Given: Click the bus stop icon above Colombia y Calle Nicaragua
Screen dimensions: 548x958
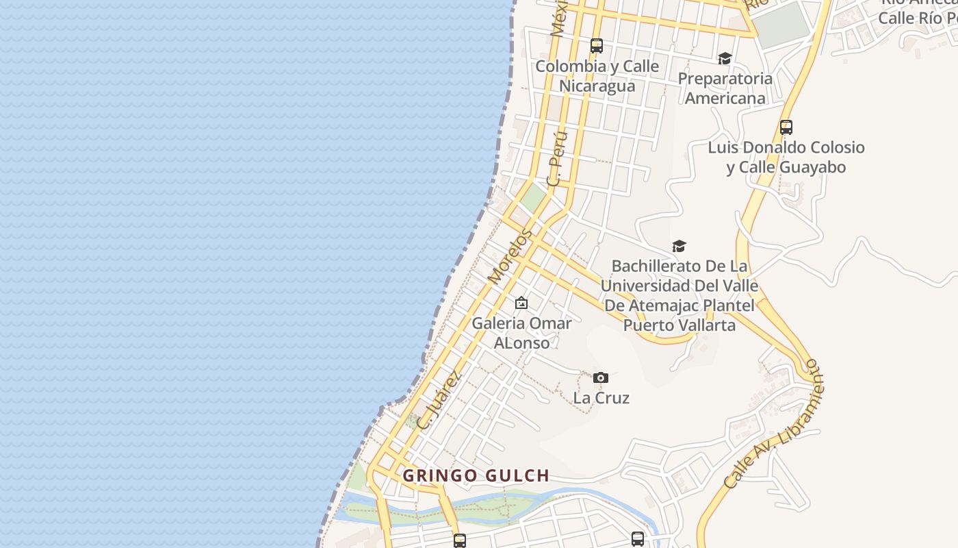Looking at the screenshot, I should coord(597,46).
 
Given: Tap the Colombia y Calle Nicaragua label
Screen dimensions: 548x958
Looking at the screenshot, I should coord(597,76).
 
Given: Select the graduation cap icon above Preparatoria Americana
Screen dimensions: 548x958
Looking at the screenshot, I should coord(725,58).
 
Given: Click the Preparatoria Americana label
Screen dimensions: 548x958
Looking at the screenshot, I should coord(725,88).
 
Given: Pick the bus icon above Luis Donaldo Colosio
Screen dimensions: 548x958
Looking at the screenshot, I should coord(786,127).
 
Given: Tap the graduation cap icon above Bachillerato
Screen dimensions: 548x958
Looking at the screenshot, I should coord(679,246).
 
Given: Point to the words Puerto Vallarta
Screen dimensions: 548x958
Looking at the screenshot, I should coord(679,325).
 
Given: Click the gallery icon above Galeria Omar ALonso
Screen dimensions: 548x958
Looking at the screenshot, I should coord(521,303).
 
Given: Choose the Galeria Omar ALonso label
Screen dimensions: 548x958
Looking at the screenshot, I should coord(521,332).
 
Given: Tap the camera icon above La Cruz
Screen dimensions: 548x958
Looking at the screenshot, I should coord(601,377).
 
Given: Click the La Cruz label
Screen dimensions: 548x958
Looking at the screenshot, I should coord(601,398).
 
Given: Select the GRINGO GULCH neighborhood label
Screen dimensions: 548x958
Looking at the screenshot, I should coord(476,475).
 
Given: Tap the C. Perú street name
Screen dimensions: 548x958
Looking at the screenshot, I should coord(558,158).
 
